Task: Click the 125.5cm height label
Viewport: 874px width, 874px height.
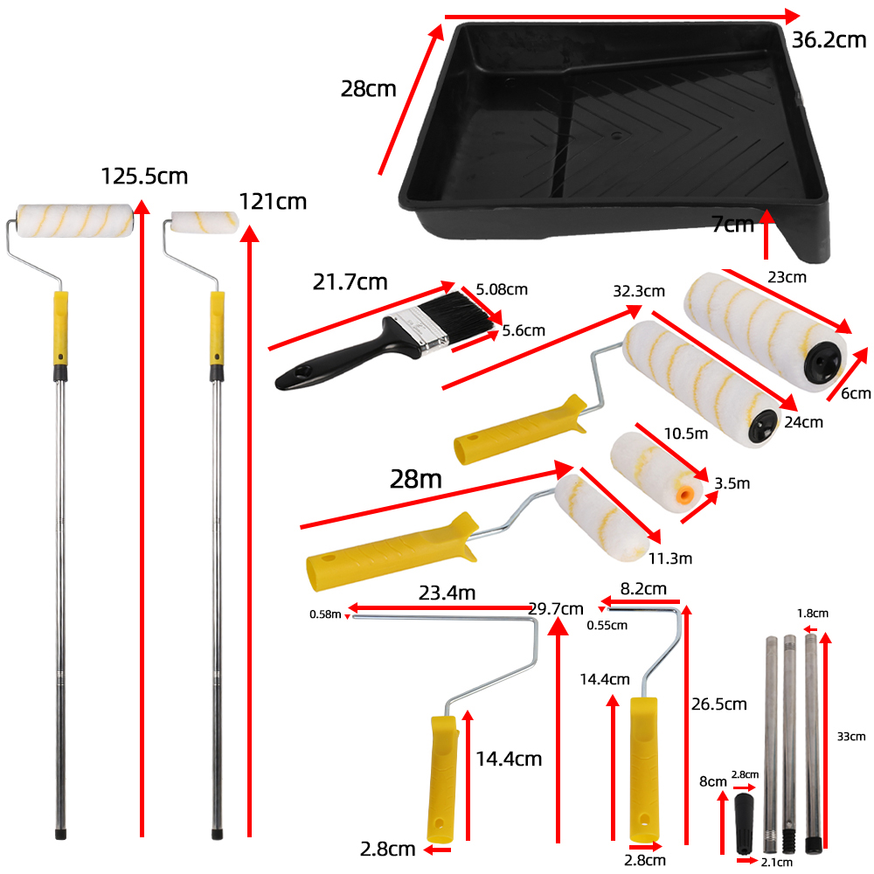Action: tap(144, 176)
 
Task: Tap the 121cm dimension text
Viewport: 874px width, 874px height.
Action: tap(273, 202)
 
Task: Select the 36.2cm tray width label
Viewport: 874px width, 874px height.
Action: tap(829, 39)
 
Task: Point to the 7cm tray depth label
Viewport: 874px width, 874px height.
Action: tap(732, 225)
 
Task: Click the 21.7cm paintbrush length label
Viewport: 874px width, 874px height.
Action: tap(350, 281)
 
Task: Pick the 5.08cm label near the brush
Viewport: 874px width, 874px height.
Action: tap(502, 289)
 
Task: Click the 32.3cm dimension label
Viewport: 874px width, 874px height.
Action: tap(638, 290)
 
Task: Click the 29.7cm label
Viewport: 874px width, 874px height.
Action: tap(556, 608)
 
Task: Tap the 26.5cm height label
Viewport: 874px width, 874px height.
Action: tap(719, 704)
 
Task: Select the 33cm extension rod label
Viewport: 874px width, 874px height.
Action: tap(850, 737)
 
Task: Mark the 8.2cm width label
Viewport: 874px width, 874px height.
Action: tap(644, 588)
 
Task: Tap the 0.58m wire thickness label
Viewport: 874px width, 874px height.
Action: tap(324, 614)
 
